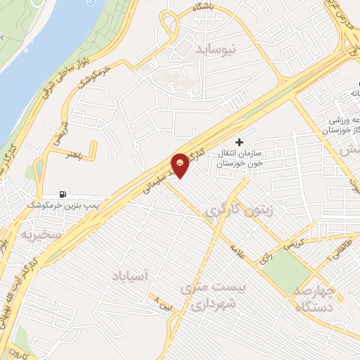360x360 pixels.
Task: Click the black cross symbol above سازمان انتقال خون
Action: point(240,141)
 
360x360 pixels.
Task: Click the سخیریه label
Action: point(41,233)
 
